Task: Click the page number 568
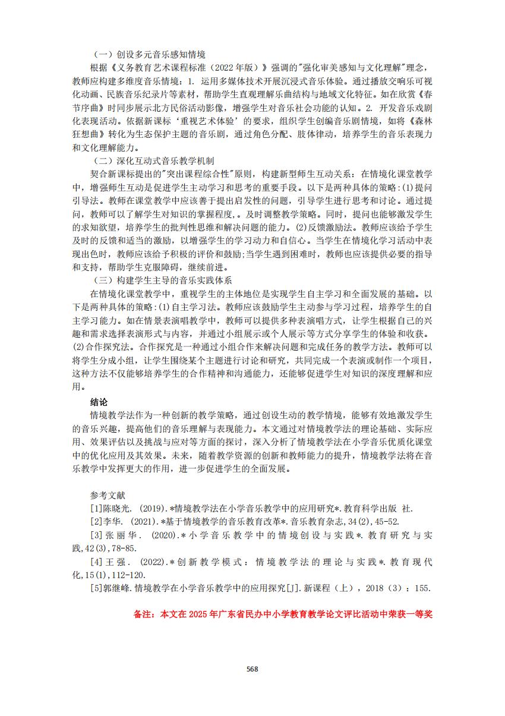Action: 252,668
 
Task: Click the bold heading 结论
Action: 99,402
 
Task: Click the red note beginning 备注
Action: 283,614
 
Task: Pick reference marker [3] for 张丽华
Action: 96,535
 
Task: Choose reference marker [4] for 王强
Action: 96,562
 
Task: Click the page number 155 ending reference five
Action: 422,588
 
